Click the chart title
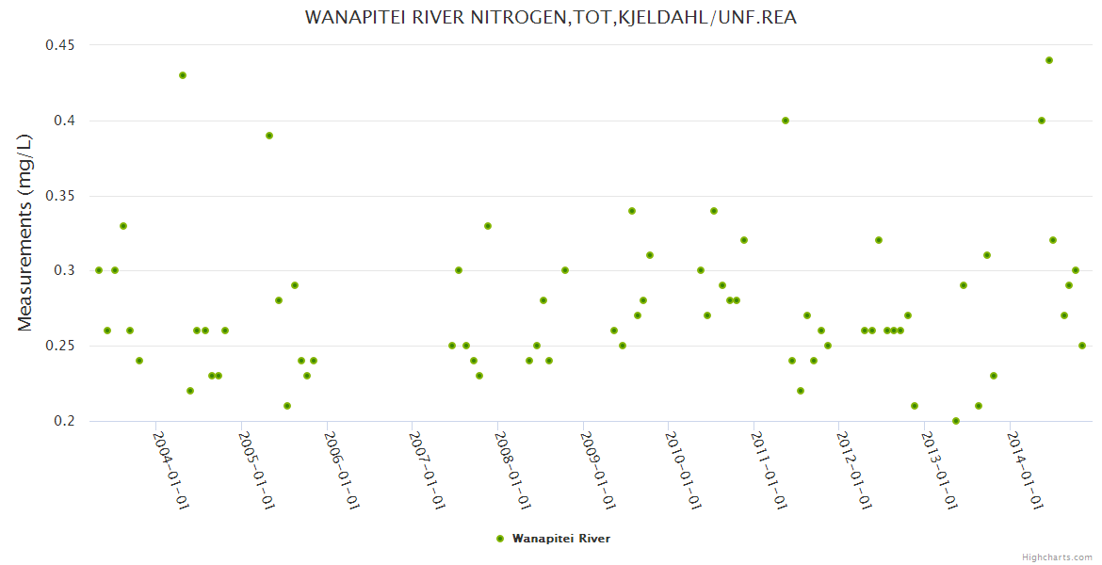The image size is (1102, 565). coord(551,17)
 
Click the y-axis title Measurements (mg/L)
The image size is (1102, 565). coord(25,232)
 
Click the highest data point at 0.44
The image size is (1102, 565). coord(1049,60)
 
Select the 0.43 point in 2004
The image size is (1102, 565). coord(183,75)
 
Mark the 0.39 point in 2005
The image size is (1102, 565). coord(269,136)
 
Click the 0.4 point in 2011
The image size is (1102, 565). coord(786,121)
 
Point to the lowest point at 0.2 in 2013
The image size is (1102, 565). coord(956,421)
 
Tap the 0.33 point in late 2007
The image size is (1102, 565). coord(488,226)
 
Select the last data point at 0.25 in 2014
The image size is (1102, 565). coord(1082,346)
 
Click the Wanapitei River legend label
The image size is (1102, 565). coord(561,539)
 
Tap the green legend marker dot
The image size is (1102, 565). coord(499,539)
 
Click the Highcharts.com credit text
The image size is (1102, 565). coord(1058,557)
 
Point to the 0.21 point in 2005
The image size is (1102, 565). coord(287,406)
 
